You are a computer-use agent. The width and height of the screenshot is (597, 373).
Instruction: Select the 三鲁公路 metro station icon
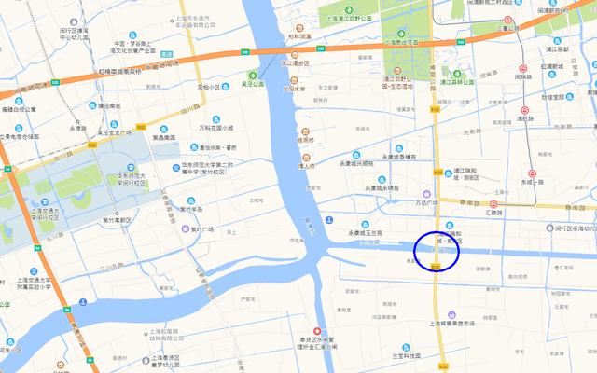(x=508, y=20)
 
